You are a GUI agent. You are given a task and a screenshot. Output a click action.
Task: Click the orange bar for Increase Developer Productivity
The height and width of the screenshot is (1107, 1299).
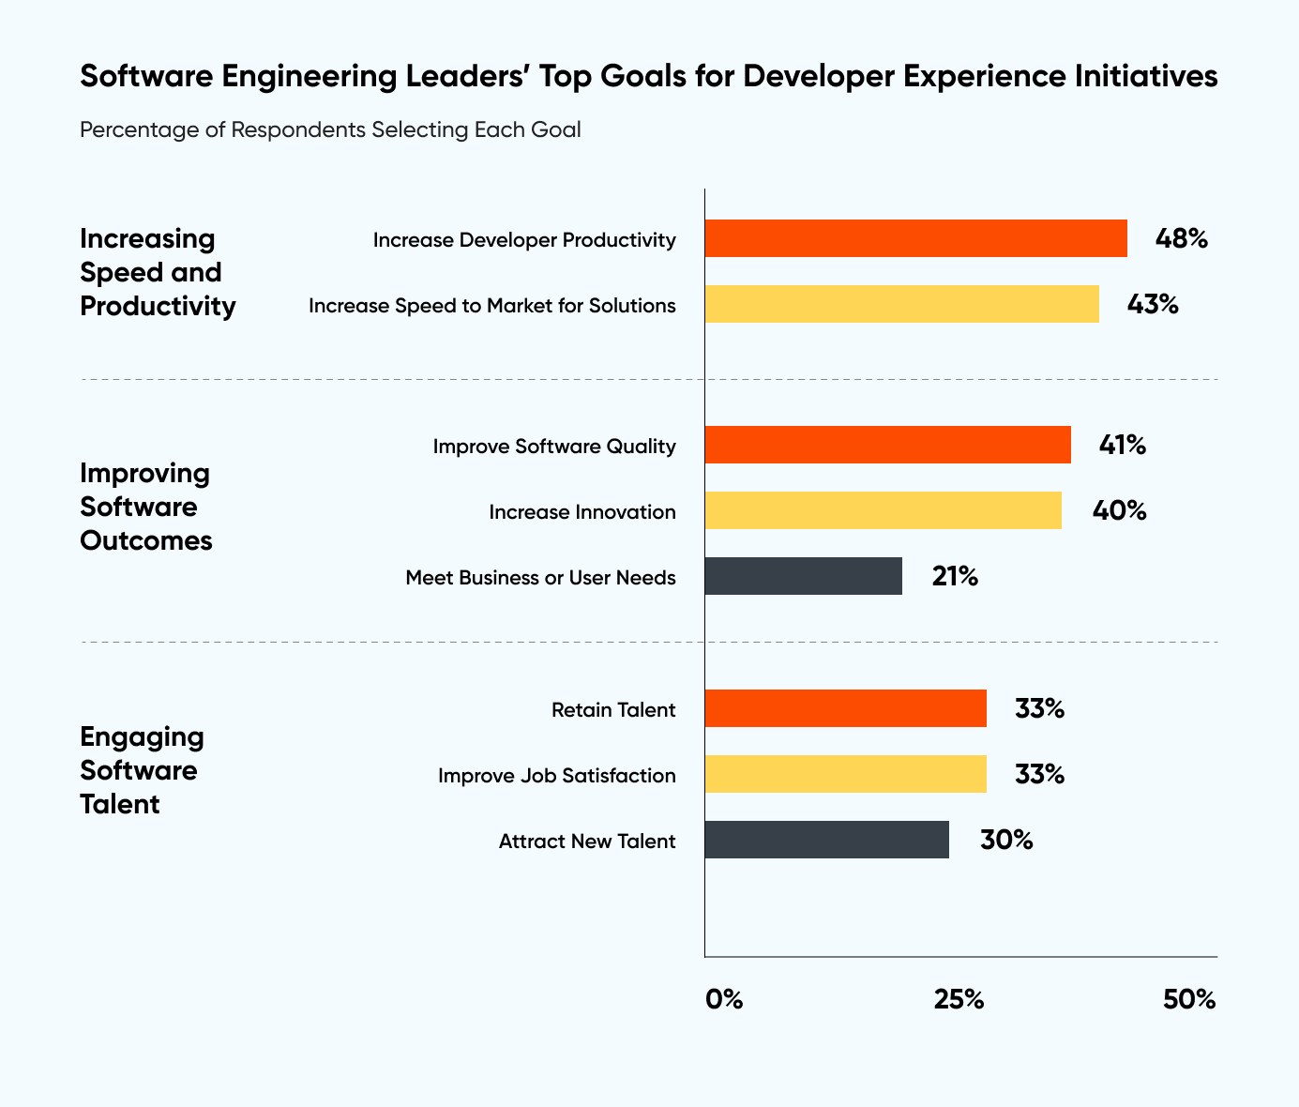915,238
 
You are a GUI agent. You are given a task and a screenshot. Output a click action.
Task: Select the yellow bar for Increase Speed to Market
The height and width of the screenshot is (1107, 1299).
901,304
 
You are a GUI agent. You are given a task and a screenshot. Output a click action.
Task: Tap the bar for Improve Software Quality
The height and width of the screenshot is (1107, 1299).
887,445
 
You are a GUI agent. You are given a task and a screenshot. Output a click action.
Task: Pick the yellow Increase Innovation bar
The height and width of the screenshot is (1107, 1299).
883,510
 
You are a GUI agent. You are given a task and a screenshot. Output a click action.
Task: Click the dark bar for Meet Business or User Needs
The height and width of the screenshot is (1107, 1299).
803,576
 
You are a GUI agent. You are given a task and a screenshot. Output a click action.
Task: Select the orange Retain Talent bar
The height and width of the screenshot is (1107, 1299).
845,708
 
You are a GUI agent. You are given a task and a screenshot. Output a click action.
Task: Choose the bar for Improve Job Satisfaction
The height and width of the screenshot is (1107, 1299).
845,774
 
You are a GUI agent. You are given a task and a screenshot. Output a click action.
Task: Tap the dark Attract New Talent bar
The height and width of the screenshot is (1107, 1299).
826,840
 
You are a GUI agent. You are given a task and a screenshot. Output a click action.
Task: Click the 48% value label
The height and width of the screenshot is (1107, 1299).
1181,238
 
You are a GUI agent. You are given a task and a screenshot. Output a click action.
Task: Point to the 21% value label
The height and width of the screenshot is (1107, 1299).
955,576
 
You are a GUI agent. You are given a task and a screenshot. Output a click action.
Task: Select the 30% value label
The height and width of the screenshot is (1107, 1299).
1006,840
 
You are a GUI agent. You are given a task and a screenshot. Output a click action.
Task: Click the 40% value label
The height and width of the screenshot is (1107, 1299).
1119,510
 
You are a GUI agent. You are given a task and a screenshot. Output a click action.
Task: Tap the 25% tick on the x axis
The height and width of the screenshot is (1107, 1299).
959,999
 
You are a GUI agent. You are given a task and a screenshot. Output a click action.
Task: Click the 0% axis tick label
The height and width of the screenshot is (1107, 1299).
724,999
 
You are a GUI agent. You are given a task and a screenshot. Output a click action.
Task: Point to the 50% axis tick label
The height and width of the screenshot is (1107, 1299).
1189,999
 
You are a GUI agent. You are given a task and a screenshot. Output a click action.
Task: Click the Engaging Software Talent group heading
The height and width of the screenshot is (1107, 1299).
142,770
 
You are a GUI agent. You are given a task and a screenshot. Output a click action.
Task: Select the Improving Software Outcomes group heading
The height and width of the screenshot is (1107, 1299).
145,507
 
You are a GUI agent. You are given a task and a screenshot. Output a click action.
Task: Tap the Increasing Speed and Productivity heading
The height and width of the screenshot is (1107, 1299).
157,272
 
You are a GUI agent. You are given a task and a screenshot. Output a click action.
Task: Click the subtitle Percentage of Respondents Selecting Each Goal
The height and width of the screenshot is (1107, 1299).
330,129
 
